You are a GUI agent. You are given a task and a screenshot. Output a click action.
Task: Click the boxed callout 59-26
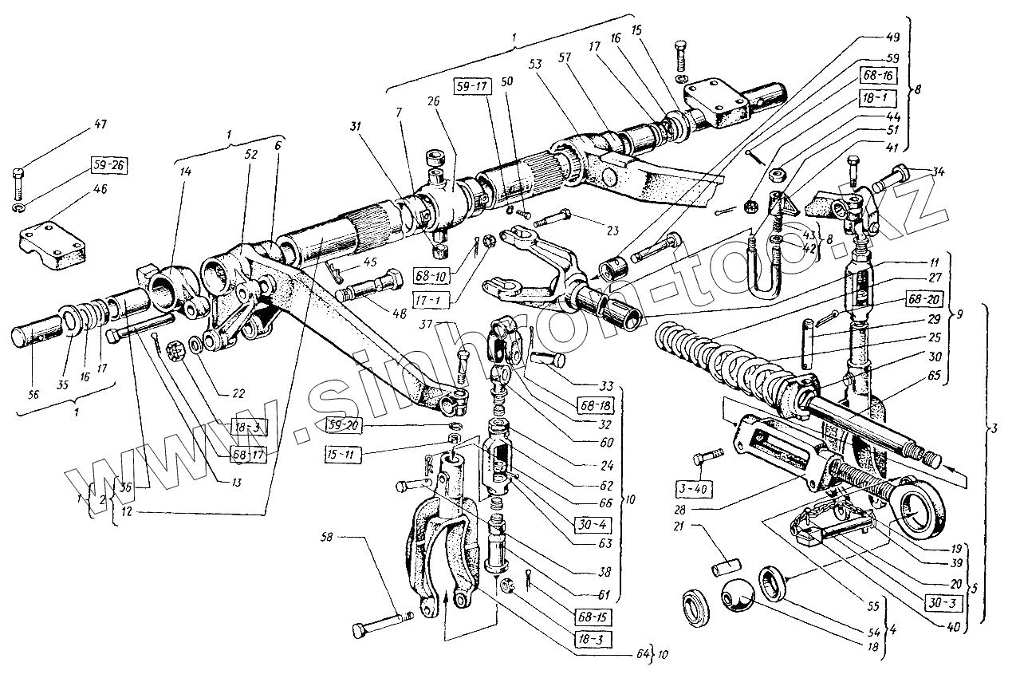(x=108, y=167)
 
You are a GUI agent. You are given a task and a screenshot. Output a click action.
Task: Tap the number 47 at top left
(x=100, y=124)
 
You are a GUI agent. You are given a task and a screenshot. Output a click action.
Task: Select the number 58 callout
(x=329, y=538)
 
